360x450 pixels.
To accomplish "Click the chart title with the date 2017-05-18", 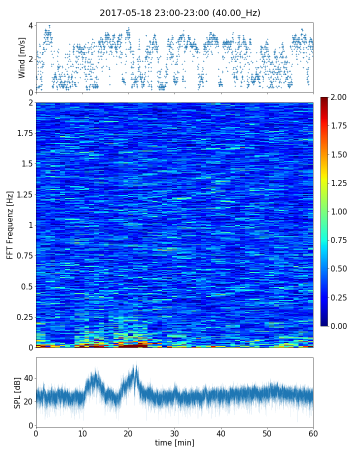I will point(180,13).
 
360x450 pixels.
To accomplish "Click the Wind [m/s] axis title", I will point(22,57).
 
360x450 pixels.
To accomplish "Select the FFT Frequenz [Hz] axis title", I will point(10,224).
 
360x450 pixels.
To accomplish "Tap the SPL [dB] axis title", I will point(17,392).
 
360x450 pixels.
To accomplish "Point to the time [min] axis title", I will point(174,442).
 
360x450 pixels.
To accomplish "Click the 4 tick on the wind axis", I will point(30,25).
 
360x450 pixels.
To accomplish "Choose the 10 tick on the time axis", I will point(82,433).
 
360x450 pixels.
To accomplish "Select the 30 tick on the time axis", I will point(174,433).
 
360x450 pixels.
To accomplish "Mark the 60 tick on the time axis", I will point(313,433).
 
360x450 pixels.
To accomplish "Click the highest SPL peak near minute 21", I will point(134,365).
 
